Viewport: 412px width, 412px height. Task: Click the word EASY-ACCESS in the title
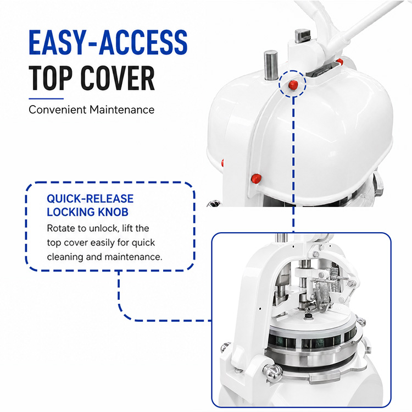click(x=108, y=42)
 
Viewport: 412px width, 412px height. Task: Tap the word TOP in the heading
click(x=50, y=78)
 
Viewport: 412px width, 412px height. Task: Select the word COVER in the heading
click(x=118, y=78)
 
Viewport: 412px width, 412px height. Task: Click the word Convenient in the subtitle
click(x=58, y=109)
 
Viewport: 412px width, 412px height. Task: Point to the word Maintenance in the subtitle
click(x=122, y=109)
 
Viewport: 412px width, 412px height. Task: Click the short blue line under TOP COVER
click(x=46, y=98)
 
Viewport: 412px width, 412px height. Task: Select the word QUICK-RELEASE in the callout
click(x=90, y=199)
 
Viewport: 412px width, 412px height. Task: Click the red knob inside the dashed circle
click(x=293, y=85)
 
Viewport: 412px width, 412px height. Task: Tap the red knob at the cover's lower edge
click(x=256, y=179)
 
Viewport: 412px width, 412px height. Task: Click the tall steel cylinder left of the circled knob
click(x=271, y=65)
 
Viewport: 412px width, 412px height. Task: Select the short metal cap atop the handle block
click(x=302, y=35)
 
